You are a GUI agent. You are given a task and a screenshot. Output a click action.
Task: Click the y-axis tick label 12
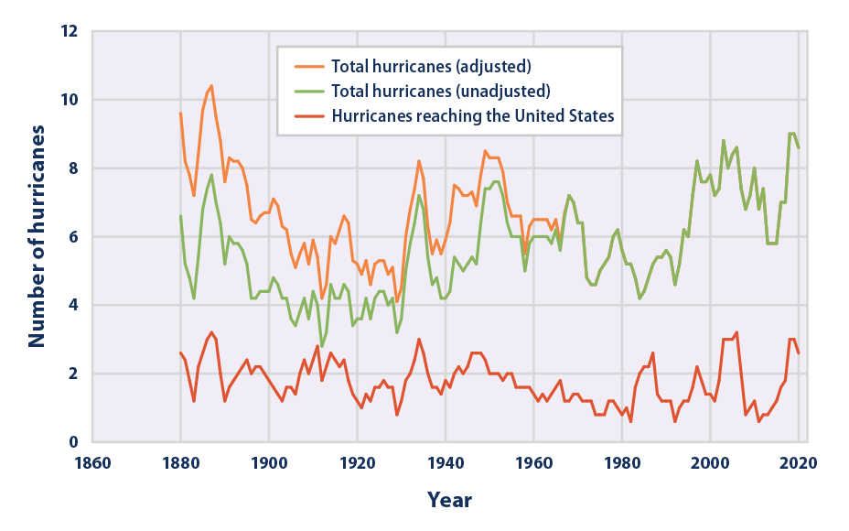[71, 32]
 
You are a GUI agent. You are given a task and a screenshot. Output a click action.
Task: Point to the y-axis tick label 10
[71, 100]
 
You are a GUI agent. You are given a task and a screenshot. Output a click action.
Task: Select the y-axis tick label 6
[76, 237]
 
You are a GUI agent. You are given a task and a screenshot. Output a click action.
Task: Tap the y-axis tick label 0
[76, 442]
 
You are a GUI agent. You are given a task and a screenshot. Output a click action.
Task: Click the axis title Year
[449, 500]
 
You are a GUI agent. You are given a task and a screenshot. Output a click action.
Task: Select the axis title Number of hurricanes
[37, 237]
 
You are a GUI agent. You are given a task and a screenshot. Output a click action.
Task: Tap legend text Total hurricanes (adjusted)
[431, 66]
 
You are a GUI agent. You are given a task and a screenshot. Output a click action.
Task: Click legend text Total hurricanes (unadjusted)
[440, 91]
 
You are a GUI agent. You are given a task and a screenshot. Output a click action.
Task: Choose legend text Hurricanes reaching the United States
[472, 115]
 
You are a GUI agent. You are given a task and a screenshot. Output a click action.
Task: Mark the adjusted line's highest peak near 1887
[211, 86]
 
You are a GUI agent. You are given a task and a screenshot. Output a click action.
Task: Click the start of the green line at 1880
[181, 216]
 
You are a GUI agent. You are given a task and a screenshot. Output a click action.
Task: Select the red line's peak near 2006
[736, 332]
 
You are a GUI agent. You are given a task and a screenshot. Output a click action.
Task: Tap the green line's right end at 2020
[799, 148]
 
